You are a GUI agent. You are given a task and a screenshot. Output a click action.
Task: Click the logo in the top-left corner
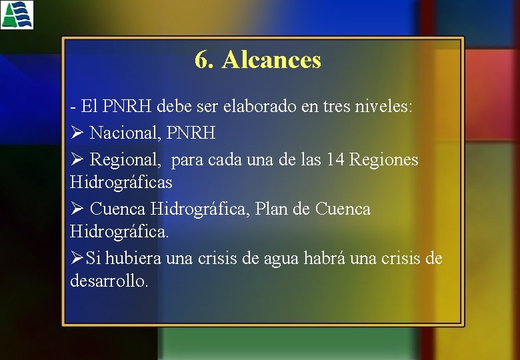coord(17,15)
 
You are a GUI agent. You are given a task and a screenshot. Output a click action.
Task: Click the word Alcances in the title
coord(271,60)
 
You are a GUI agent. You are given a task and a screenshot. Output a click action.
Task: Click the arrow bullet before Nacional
coord(76,133)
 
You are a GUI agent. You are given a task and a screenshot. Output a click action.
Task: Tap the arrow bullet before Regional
coord(76,160)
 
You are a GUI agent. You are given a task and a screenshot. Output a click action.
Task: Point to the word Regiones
coord(384,160)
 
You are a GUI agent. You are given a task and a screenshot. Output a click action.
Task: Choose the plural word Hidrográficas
coord(121,182)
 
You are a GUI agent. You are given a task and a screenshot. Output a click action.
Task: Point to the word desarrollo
coord(109,281)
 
